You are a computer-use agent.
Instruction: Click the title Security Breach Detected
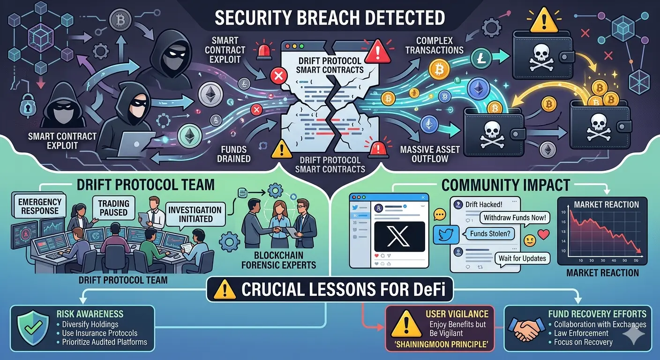click(330, 18)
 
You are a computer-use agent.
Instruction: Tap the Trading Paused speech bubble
click(114, 208)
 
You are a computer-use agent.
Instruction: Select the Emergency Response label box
click(40, 207)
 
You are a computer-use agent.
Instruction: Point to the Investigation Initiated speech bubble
click(195, 214)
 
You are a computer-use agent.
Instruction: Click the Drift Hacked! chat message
click(483, 204)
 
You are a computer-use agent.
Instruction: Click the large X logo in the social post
click(399, 236)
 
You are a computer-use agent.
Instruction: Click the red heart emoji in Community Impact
click(544, 234)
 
